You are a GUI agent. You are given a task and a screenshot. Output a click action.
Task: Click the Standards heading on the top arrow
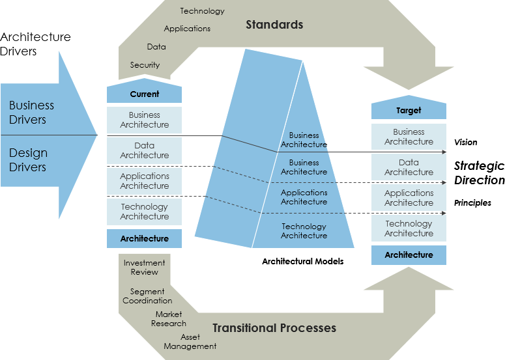[274, 25]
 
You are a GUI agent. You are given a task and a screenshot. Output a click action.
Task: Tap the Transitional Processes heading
[274, 327]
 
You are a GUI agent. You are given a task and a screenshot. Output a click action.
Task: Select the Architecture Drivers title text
[36, 44]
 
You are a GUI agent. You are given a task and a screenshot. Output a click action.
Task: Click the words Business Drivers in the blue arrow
[31, 112]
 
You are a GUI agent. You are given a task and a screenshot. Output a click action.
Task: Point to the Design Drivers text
[28, 159]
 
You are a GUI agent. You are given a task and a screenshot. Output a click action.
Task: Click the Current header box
[144, 94]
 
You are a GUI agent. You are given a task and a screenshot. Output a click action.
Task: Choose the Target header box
[409, 111]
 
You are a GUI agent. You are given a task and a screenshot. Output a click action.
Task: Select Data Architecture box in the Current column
[144, 150]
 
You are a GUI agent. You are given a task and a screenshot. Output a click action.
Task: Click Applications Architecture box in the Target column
[409, 198]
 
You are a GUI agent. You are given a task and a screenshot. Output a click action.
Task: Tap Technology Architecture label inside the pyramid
[304, 230]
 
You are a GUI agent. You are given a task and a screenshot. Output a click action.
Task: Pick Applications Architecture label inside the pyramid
[304, 197]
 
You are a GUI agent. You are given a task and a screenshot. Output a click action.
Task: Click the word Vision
[465, 142]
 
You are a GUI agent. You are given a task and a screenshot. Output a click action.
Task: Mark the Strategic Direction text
[479, 173]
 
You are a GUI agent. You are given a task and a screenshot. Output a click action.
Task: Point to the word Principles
[472, 203]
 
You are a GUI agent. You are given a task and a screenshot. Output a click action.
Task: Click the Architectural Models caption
[302, 261]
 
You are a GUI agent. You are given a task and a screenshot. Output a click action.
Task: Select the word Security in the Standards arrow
[145, 65]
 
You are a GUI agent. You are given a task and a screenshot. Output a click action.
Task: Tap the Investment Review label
[144, 267]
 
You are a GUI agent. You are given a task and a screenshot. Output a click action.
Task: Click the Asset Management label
[190, 342]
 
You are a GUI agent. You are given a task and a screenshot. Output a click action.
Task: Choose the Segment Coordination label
[147, 296]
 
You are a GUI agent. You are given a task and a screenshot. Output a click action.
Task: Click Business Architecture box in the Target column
[409, 137]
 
